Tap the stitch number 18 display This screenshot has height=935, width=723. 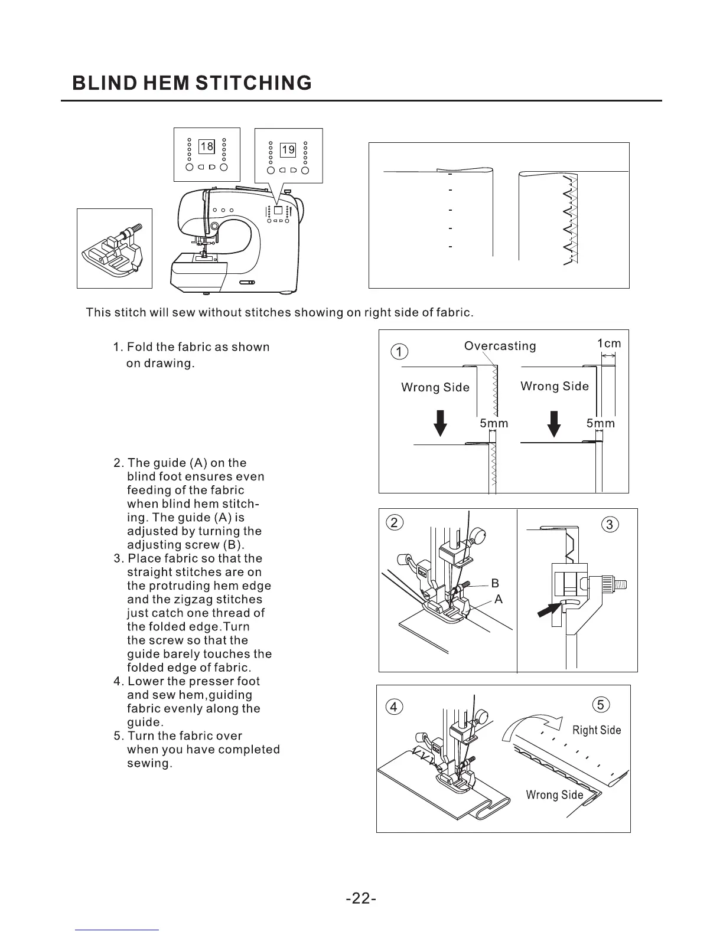click(x=206, y=146)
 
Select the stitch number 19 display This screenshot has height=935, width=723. click(x=288, y=150)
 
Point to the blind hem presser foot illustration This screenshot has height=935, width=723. click(x=115, y=249)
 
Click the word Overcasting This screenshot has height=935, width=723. click(x=500, y=346)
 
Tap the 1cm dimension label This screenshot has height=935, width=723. click(x=608, y=344)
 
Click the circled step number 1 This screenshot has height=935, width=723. click(x=400, y=352)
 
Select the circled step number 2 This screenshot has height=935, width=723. click(x=394, y=522)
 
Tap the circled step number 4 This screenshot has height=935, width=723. click(x=394, y=707)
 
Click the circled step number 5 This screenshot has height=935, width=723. click(x=600, y=705)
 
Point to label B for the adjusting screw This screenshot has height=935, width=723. click(x=495, y=584)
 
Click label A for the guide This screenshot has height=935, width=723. click(x=498, y=599)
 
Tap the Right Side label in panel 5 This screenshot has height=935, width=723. click(x=597, y=730)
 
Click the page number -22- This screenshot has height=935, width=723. click(x=361, y=898)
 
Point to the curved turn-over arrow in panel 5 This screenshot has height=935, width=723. click(x=532, y=725)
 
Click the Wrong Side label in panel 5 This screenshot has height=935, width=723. click(x=554, y=795)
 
